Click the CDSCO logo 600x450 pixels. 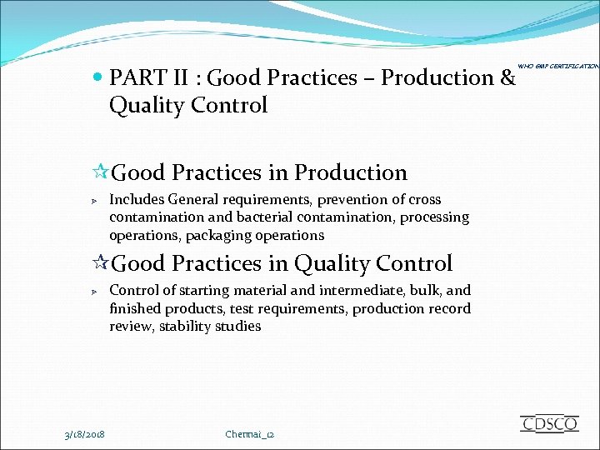click(549, 423)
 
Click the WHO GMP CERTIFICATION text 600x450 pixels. click(558, 66)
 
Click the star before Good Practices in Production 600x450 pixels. click(100, 172)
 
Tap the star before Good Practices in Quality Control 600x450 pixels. click(100, 263)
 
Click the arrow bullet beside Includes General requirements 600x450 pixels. click(95, 201)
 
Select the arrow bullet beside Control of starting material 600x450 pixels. click(95, 292)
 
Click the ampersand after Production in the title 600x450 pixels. click(507, 78)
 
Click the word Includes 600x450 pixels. click(137, 199)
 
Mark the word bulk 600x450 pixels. click(414, 290)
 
